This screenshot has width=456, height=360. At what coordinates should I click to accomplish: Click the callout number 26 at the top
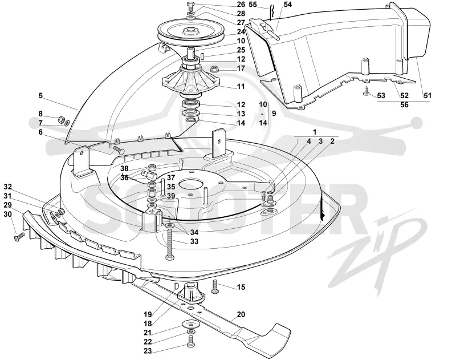tap(241, 5)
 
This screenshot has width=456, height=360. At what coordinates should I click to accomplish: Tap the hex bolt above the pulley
tap(190, 6)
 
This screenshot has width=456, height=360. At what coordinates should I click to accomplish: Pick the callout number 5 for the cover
tap(40, 95)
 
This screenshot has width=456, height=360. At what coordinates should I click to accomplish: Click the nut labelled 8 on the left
tap(62, 120)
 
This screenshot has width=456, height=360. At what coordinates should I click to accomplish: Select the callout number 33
tap(194, 241)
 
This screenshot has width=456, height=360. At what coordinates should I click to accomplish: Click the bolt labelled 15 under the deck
tap(215, 286)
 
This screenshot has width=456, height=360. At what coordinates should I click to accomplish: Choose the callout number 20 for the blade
tap(241, 314)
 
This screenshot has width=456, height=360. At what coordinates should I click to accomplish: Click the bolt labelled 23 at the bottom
tap(190, 341)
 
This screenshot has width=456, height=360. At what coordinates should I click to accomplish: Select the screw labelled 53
tap(366, 92)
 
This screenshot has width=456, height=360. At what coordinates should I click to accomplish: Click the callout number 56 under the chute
tap(404, 105)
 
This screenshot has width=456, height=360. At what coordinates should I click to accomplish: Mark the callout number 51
tap(427, 95)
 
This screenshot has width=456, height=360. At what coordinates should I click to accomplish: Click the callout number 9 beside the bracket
tap(274, 113)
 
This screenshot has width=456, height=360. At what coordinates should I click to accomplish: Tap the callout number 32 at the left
tap(8, 187)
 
